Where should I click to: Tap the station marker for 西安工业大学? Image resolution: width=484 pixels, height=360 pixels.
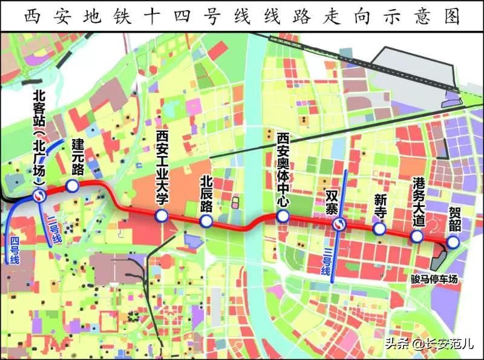pyautogui.click(x=161, y=217)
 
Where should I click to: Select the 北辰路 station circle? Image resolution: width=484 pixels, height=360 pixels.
pyautogui.click(x=206, y=222)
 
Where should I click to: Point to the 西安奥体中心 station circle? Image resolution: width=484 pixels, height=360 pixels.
pyautogui.click(x=282, y=217)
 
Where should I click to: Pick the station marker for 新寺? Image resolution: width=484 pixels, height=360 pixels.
pyautogui.click(x=379, y=229)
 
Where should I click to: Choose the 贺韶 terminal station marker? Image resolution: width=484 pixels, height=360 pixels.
pyautogui.click(x=453, y=242)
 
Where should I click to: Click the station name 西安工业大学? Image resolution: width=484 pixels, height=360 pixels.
pyautogui.click(x=162, y=165)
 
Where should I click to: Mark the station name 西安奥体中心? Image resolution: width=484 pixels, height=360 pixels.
pyautogui.click(x=282, y=169)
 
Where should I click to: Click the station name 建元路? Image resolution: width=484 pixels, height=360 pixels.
pyautogui.click(x=77, y=156)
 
